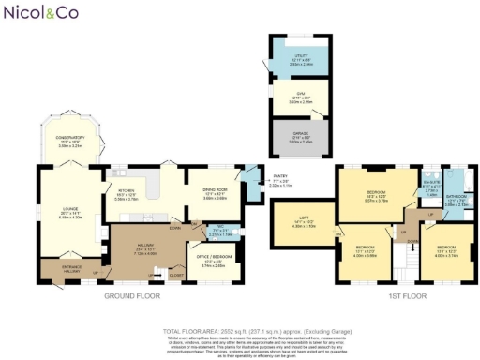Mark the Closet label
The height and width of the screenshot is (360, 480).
[176, 276]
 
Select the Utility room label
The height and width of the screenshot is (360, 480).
[300, 59]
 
